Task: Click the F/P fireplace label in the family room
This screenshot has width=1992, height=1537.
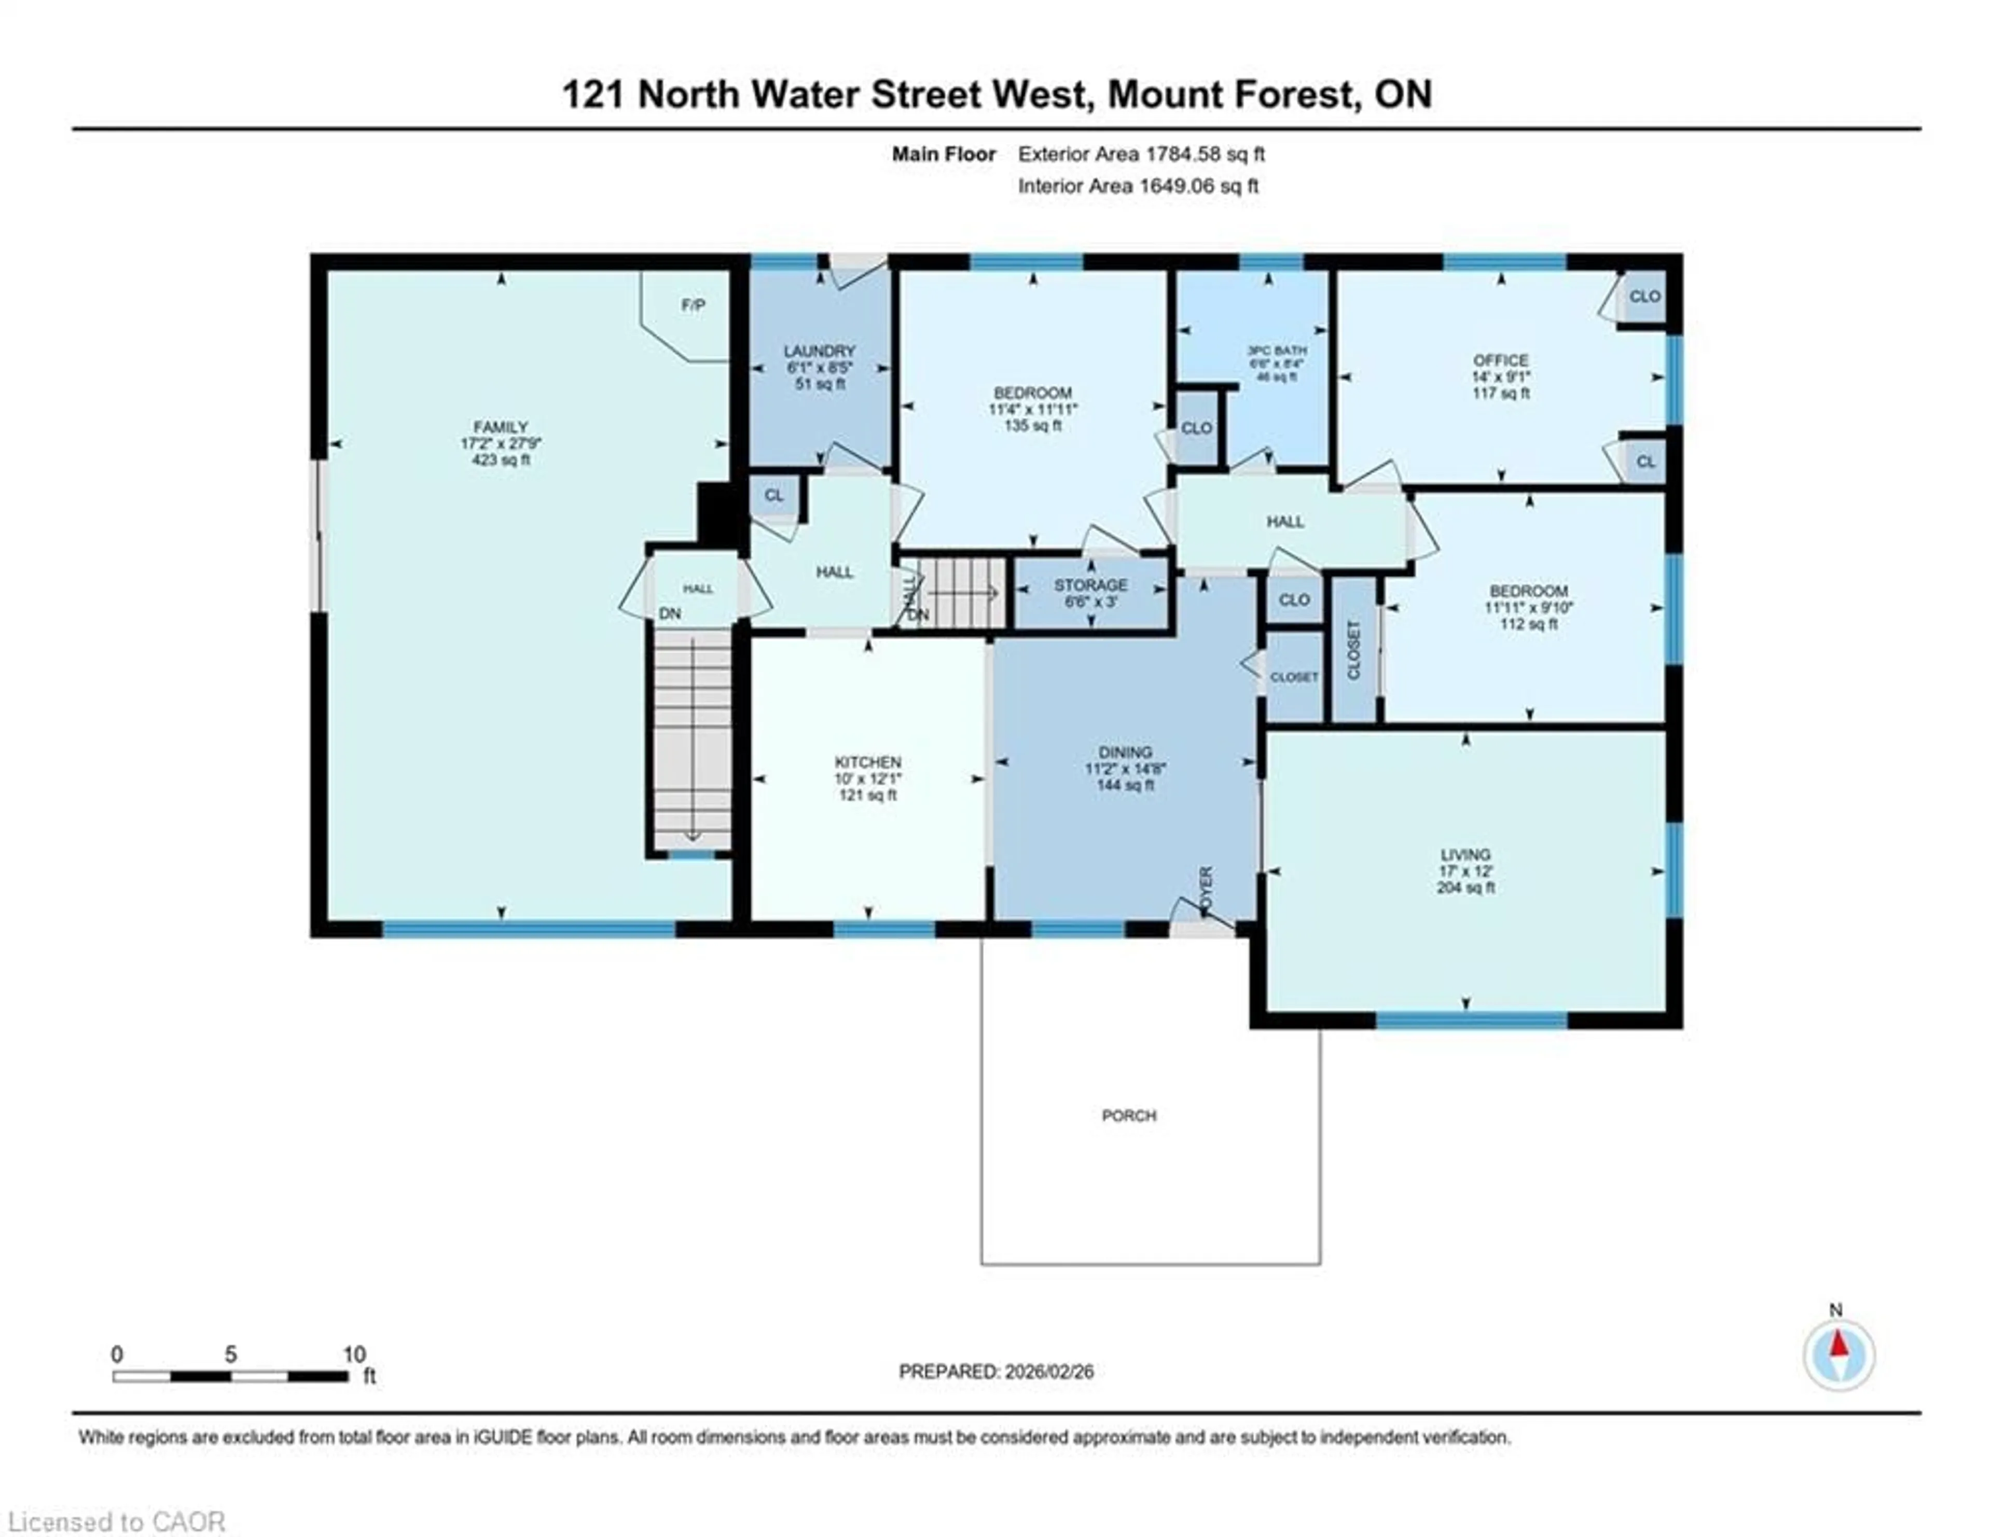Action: pyautogui.click(x=693, y=305)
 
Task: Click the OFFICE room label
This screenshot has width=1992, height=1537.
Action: pyautogui.click(x=1500, y=360)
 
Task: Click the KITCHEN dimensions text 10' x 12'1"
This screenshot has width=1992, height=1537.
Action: pyautogui.click(x=867, y=778)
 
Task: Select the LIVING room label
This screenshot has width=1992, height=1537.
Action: pyautogui.click(x=1465, y=854)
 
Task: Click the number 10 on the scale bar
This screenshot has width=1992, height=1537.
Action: pyautogui.click(x=354, y=1354)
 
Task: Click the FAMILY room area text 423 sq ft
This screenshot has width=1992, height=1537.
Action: pyautogui.click(x=501, y=459)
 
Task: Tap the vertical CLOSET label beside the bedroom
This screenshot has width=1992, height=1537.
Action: pyautogui.click(x=1353, y=649)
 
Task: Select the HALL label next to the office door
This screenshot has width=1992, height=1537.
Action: pyautogui.click(x=1284, y=522)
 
